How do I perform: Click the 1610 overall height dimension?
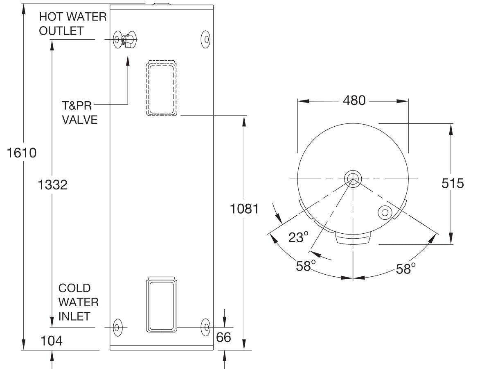(22, 153)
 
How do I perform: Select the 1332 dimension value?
(52, 185)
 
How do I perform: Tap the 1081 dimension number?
(244, 209)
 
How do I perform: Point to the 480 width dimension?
(354, 100)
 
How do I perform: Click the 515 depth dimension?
(453, 183)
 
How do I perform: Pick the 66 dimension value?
(223, 337)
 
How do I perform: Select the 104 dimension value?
(52, 340)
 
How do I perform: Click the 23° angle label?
(298, 237)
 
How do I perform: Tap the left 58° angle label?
(306, 266)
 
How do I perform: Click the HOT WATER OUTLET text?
(72, 24)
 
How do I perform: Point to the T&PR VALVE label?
(79, 113)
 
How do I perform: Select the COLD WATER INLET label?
(78, 302)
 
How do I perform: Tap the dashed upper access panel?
(162, 88)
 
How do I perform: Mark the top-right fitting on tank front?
(205, 40)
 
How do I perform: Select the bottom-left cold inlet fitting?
(117, 327)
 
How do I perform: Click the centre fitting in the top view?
(352, 179)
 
